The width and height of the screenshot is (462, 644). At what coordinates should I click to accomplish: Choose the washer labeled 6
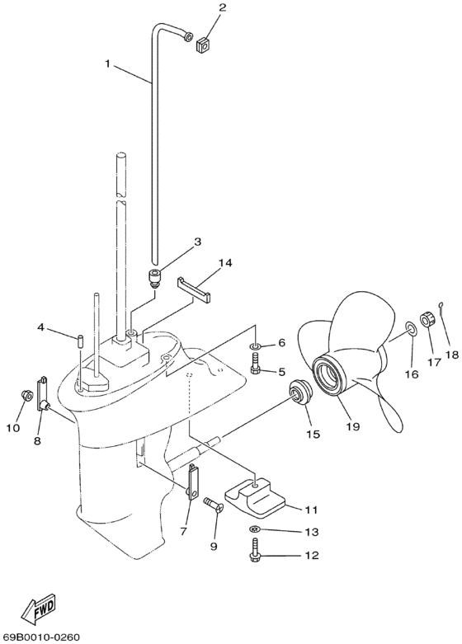click(255, 344)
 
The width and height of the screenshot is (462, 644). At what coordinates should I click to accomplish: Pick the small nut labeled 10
click(25, 397)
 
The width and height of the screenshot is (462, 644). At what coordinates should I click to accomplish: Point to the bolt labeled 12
click(255, 555)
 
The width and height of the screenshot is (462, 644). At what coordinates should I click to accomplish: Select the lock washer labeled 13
click(255, 530)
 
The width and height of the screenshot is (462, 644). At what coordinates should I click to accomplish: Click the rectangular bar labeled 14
click(195, 289)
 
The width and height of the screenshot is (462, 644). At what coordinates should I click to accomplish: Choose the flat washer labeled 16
click(410, 332)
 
